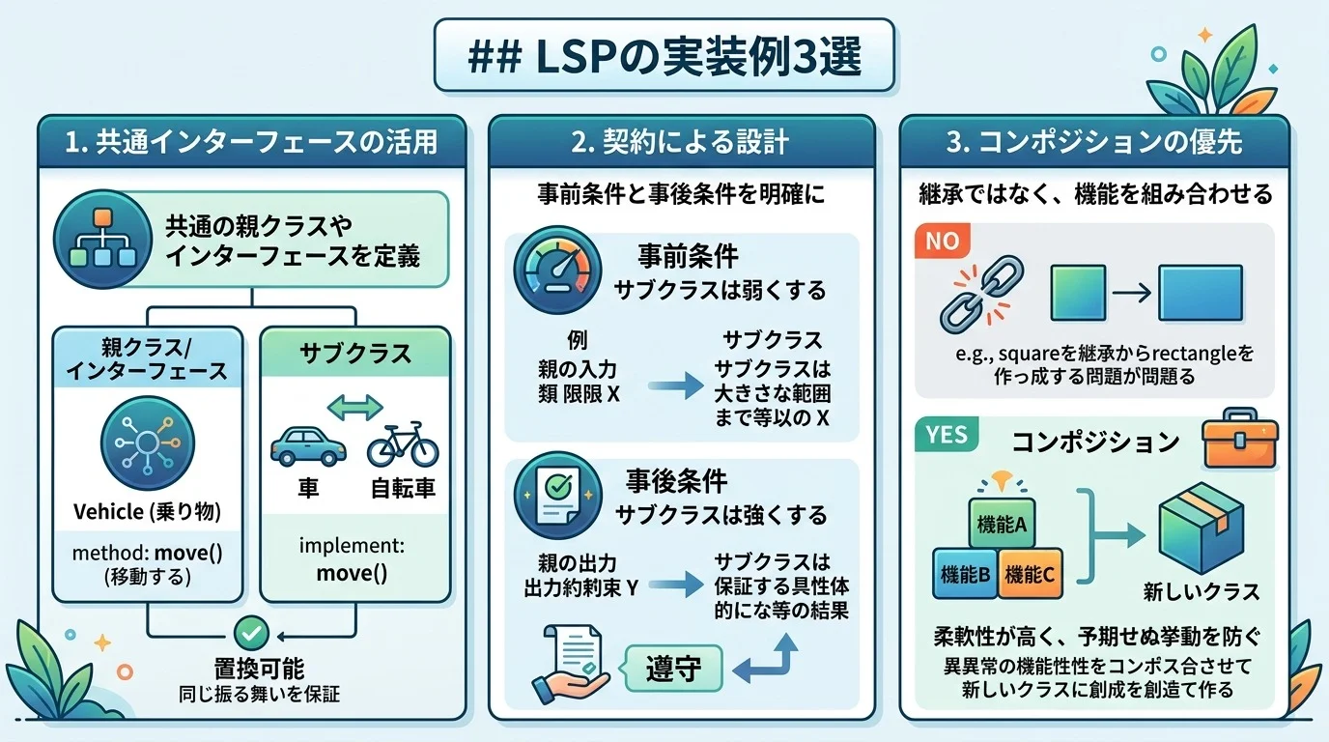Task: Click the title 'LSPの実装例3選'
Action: click(664, 57)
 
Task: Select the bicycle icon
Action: click(403, 445)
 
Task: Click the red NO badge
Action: click(941, 242)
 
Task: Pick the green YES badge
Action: click(946, 435)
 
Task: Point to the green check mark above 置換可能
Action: click(251, 633)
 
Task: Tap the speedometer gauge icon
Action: click(550, 271)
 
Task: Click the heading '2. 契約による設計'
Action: click(680, 143)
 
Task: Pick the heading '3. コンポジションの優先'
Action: click(1094, 143)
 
